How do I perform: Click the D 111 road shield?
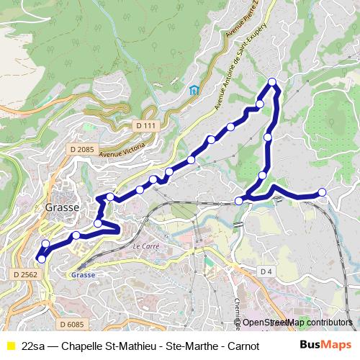(x=145, y=125)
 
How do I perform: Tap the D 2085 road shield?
(x=83, y=149)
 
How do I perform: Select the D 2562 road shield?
(x=26, y=274)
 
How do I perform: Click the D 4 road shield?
(x=266, y=271)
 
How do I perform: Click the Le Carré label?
(x=145, y=246)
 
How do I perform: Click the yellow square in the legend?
(x=10, y=346)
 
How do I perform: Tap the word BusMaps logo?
(x=326, y=345)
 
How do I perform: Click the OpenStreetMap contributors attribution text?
(x=297, y=323)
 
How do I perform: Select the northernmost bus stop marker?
(x=272, y=81)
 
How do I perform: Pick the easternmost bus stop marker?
(x=322, y=192)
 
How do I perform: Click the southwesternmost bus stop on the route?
(x=41, y=258)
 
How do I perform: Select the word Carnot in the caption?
(x=243, y=346)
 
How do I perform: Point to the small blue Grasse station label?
(x=84, y=274)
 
